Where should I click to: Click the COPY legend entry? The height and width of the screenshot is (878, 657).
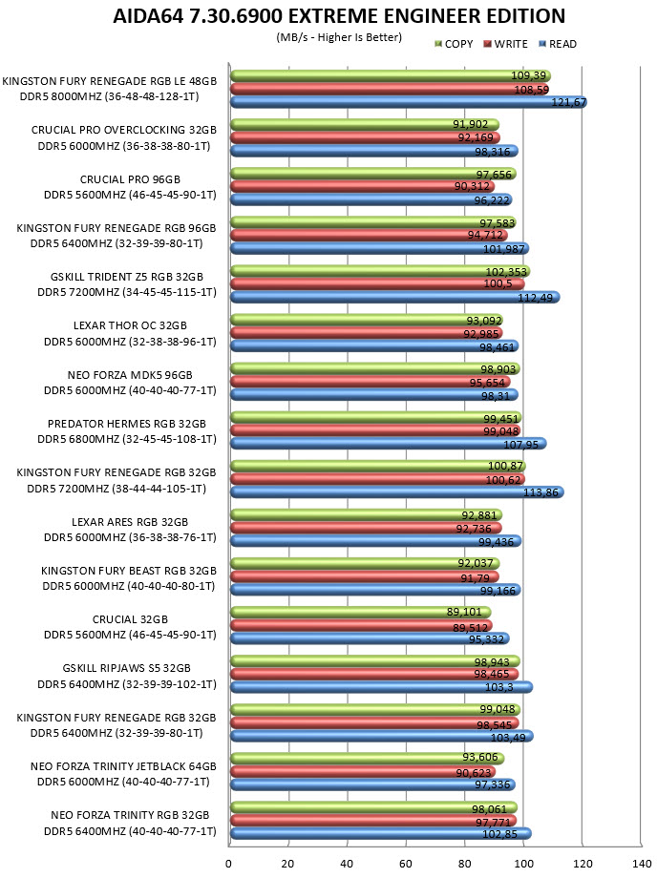[454, 44]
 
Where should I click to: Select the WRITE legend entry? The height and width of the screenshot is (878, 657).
[505, 44]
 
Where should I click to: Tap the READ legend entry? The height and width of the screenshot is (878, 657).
[558, 44]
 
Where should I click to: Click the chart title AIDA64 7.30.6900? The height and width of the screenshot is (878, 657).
[198, 15]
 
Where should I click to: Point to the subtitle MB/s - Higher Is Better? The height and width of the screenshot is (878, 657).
[339, 37]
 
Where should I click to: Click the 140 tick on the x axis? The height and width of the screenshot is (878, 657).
[641, 864]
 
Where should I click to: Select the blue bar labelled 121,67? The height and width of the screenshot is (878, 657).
[409, 102]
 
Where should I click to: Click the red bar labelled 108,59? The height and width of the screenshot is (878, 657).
[390, 89]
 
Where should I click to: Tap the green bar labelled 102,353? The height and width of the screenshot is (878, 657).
[380, 272]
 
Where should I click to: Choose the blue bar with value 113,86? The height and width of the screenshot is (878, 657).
[397, 492]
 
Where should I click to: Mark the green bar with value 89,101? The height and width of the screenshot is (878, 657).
[361, 613]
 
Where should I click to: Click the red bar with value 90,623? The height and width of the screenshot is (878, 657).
[363, 772]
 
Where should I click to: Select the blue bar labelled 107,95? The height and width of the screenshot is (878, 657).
[389, 444]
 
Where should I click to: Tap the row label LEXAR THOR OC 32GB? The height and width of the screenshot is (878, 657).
[130, 325]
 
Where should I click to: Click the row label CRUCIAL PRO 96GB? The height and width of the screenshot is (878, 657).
[130, 179]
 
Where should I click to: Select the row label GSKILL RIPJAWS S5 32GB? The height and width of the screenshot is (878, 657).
[127, 668]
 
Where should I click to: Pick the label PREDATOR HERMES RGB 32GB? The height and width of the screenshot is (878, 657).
[127, 424]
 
